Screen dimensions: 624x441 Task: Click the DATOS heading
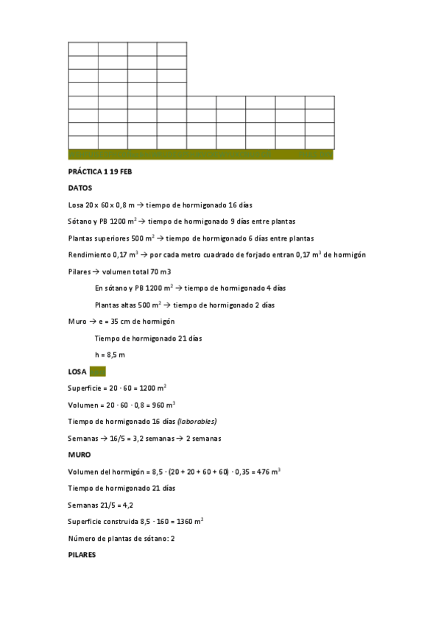80,188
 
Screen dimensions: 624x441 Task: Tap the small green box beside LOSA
98,372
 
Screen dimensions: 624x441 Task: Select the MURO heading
80,455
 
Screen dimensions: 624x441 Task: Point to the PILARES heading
82,554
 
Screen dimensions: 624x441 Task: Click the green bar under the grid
200,155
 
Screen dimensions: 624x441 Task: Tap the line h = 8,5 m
110,355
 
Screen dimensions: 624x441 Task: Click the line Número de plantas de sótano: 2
121,538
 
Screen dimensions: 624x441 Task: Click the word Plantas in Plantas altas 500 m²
107,305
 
